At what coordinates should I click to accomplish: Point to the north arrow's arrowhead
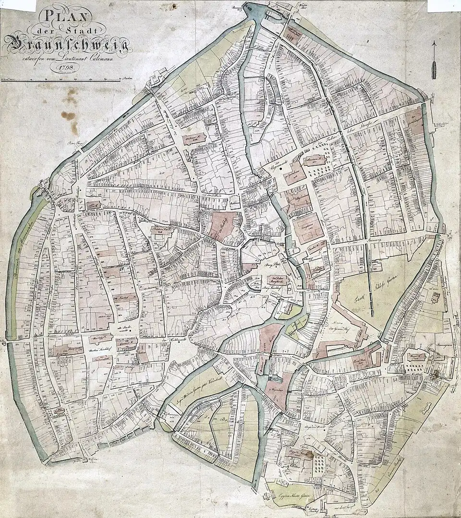[434, 44]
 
